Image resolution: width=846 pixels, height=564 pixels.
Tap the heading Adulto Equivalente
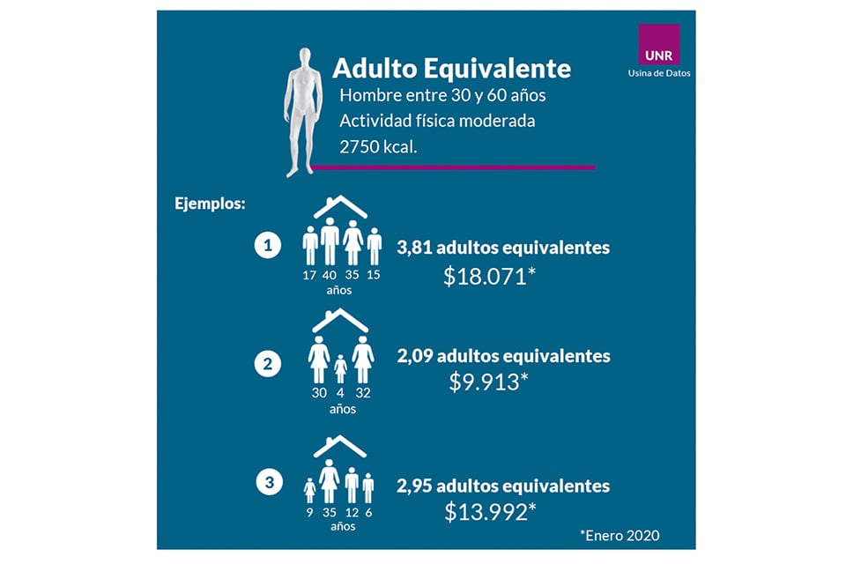tap(451, 69)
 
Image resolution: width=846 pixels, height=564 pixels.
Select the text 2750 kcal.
tap(378, 146)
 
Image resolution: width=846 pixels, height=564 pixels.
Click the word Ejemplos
tap(210, 204)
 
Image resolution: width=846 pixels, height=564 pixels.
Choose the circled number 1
tap(268, 247)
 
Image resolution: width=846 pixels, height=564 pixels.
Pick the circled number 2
tap(268, 363)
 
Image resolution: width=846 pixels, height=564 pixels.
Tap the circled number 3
tap(268, 482)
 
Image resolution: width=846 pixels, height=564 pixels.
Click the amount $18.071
tap(489, 276)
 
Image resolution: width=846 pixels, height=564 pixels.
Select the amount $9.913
tap(489, 382)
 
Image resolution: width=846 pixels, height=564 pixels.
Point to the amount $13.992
tap(489, 512)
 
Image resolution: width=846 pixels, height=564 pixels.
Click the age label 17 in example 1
tap(309, 276)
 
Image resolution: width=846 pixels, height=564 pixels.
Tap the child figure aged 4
tap(340, 368)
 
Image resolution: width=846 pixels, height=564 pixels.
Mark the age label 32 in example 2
tap(362, 393)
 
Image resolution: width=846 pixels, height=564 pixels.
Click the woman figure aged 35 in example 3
tap(329, 480)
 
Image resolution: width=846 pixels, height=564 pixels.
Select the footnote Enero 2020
tap(620, 535)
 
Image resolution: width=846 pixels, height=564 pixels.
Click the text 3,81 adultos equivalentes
tap(503, 248)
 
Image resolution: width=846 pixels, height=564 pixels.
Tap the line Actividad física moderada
tap(437, 121)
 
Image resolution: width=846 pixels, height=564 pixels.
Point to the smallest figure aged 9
tap(309, 489)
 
